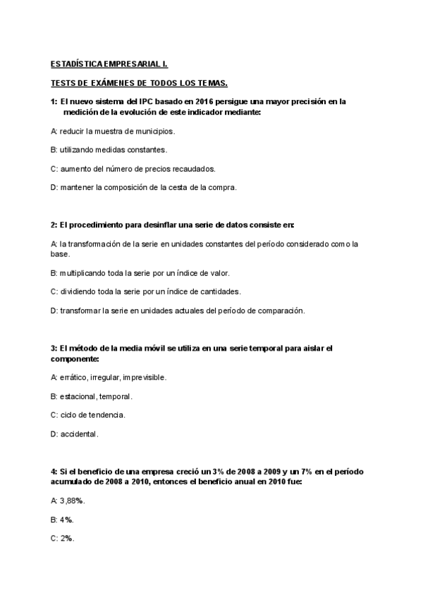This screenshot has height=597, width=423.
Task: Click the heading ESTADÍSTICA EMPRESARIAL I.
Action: tap(109, 63)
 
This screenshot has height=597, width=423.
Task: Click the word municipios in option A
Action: tap(154, 131)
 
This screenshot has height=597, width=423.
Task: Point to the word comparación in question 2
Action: tap(277, 310)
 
